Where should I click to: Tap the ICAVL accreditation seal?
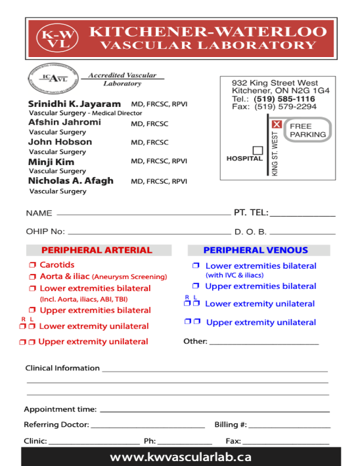click(x=53, y=79)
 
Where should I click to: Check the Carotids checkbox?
click(x=32, y=265)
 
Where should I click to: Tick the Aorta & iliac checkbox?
click(x=32, y=277)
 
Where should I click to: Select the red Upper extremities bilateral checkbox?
click(x=32, y=311)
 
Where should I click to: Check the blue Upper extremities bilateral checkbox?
click(x=196, y=286)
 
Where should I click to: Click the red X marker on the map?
click(x=276, y=124)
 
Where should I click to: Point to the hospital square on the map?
click(x=257, y=150)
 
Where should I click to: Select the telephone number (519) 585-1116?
click(x=284, y=99)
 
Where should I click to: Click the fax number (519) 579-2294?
click(x=285, y=107)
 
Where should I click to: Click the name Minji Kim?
click(x=51, y=162)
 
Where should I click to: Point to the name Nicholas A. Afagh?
click(x=71, y=181)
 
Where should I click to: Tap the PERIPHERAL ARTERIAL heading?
click(x=97, y=250)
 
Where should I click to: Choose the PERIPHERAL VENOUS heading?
click(x=255, y=250)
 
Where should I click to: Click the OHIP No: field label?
click(x=45, y=232)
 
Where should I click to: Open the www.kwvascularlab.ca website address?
click(x=180, y=457)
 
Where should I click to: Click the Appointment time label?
click(x=60, y=410)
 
